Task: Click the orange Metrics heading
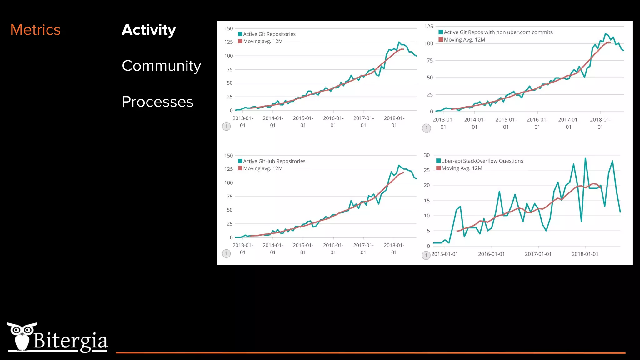click(35, 30)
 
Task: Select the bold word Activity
click(149, 30)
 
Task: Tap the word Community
click(161, 66)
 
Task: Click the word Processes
click(157, 102)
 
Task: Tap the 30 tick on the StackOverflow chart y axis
click(427, 155)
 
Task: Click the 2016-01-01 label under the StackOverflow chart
click(491, 254)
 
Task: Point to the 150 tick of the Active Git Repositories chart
click(228, 28)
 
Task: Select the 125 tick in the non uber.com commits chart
click(428, 27)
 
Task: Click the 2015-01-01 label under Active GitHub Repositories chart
click(303, 249)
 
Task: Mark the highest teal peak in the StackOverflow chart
click(585, 158)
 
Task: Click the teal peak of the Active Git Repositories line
click(399, 42)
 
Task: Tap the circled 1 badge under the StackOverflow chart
click(426, 255)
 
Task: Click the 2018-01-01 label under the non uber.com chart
click(600, 123)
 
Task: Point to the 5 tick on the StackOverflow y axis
click(428, 231)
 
